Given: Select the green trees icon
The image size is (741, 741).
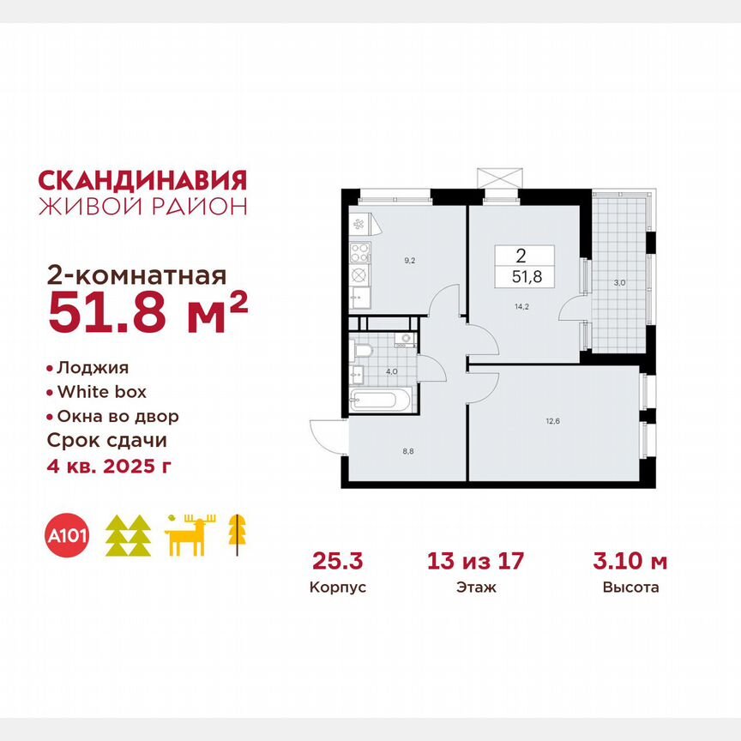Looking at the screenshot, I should (128, 536).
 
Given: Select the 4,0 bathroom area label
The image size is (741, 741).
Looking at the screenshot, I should (391, 371).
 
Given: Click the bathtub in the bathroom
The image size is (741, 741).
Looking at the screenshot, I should (382, 400).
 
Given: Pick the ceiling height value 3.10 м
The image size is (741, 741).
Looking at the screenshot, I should (630, 562).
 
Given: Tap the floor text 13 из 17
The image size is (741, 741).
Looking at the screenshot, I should (475, 562).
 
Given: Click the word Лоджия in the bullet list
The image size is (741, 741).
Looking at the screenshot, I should (92, 368).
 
